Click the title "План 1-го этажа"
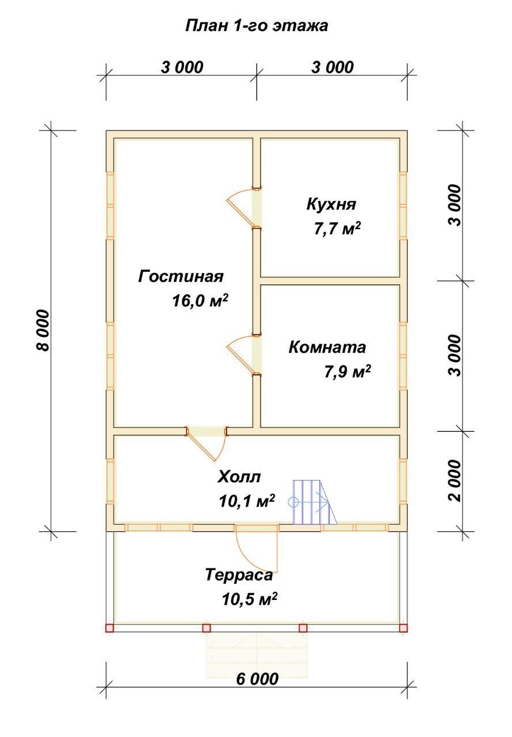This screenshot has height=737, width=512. tap(257, 26)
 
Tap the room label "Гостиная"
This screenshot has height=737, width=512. tap(180, 276)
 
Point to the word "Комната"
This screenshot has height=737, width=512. tap(327, 347)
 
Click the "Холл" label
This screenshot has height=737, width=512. tap(239, 477)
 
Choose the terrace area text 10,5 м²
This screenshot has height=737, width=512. tap(249, 599)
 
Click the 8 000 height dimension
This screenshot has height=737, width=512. tap(43, 330)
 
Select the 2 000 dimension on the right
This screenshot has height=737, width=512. tap(455, 481)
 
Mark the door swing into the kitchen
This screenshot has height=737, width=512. tap(243, 208)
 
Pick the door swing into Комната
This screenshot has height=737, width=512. tap(243, 355)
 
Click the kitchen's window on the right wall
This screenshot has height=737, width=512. tap(403, 206)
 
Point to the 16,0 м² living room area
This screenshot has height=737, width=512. tap(200, 301)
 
